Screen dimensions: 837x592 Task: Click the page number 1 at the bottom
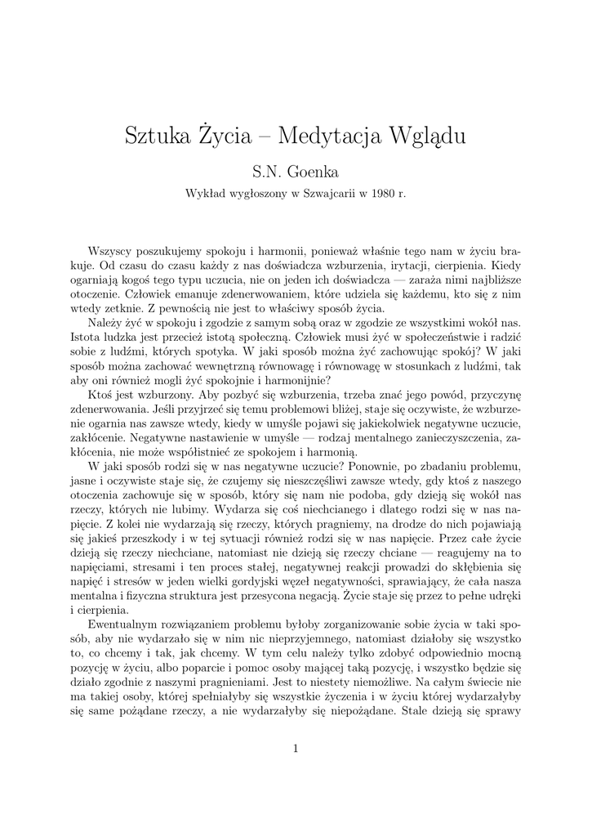296,748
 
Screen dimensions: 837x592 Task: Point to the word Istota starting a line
87,338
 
